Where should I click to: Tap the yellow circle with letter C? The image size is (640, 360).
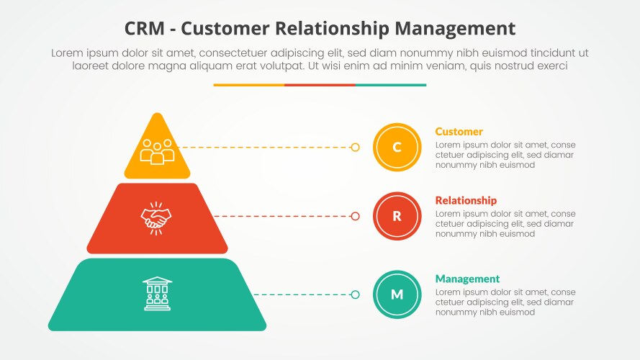pyautogui.click(x=397, y=147)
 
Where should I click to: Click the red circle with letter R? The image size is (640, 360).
pyautogui.click(x=397, y=216)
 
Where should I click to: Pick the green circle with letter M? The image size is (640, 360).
pyautogui.click(x=397, y=294)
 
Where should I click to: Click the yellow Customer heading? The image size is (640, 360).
pyautogui.click(x=459, y=132)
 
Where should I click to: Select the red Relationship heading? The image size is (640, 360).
pyautogui.click(x=466, y=200)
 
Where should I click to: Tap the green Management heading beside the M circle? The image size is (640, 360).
pyautogui.click(x=467, y=279)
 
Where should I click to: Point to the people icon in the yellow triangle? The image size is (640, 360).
pyautogui.click(x=157, y=150)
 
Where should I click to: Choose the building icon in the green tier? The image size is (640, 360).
pyautogui.click(x=157, y=294)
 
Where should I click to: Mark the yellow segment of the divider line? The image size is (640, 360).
pyautogui.click(x=248, y=85)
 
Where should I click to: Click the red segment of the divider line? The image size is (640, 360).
pyautogui.click(x=320, y=85)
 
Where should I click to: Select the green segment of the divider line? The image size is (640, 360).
pyautogui.click(x=390, y=85)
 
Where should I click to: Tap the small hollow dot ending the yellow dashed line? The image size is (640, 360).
pyautogui.click(x=355, y=147)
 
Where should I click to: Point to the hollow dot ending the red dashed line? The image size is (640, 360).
pyautogui.click(x=355, y=216)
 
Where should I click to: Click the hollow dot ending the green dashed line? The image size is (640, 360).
pyautogui.click(x=355, y=294)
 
